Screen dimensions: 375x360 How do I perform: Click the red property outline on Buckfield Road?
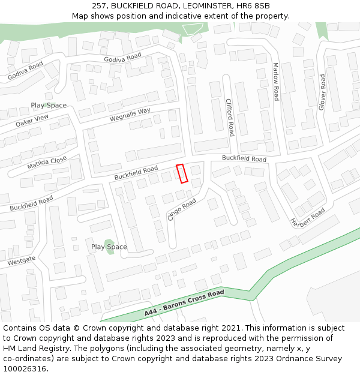(x=182, y=173)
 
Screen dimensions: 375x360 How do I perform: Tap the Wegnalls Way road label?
(x=130, y=115)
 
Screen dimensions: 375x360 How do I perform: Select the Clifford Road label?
(x=230, y=117)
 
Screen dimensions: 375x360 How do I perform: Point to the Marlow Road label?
(x=275, y=81)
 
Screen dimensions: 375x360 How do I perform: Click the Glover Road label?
(x=322, y=92)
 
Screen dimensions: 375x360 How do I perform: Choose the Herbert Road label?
(x=308, y=217)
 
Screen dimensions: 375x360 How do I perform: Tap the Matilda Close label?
(x=47, y=163)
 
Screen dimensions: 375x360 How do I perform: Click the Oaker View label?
(x=32, y=121)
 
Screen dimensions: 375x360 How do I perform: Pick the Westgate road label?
(x=22, y=261)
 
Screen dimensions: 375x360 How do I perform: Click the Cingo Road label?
(x=182, y=210)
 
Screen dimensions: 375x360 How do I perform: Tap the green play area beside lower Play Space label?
(x=109, y=247)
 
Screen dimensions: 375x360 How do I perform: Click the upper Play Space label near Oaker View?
(x=49, y=106)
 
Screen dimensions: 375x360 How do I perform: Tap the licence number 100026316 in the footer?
(x=25, y=369)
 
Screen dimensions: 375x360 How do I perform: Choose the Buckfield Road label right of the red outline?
(x=244, y=159)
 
